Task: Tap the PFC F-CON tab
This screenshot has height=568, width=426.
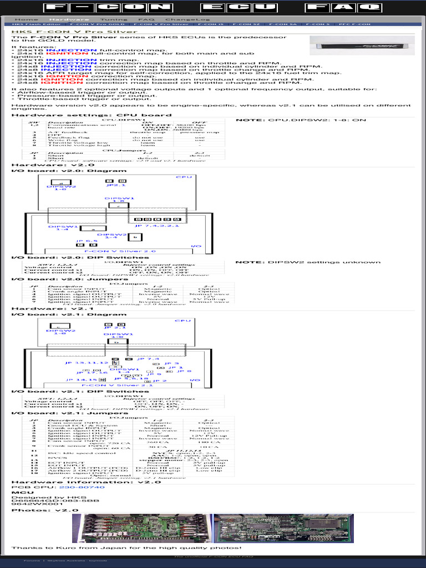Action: pos(354,25)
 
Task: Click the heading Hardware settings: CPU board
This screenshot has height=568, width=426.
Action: pos(92,115)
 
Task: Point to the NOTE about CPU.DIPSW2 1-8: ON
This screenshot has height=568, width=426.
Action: pos(301,120)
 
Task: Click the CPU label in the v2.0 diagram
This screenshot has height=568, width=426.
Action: pos(184,177)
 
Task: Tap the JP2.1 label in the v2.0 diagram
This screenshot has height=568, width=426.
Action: pos(116,186)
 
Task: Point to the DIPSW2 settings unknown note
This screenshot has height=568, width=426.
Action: pos(308,262)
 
